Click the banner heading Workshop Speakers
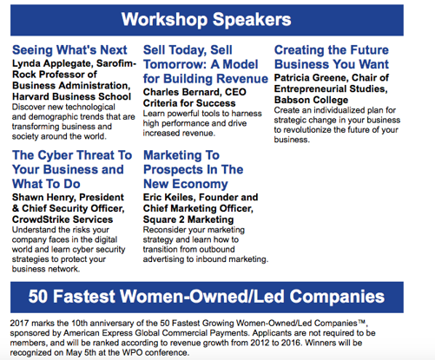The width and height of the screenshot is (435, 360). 206,20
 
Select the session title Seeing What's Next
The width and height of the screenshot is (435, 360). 69,50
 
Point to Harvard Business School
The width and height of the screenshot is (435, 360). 71,96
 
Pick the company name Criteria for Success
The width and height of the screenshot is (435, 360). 189,103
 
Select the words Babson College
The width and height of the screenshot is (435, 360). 311,100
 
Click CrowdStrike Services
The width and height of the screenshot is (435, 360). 63,219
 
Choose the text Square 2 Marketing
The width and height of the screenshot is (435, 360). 188,219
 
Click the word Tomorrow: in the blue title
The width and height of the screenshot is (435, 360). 175,64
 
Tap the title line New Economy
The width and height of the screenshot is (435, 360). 186,184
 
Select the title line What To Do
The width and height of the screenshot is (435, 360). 46,184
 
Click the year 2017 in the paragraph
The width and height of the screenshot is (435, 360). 19,323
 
